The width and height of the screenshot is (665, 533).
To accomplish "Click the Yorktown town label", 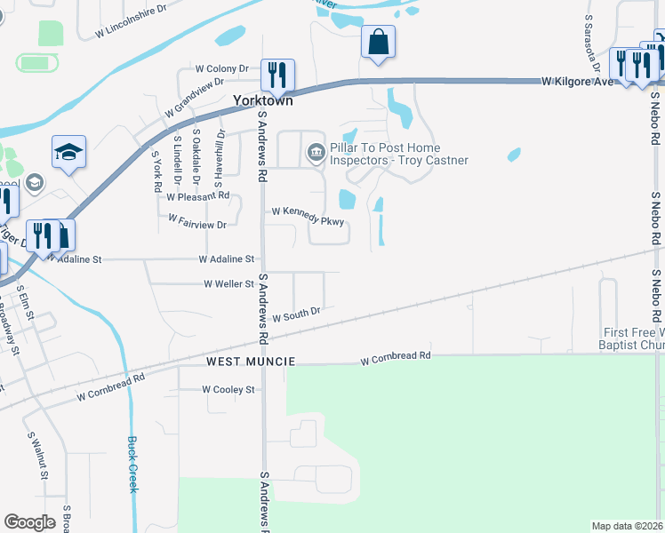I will [262, 101].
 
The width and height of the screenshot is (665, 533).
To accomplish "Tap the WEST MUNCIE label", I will [250, 362].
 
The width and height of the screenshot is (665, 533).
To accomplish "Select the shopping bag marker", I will [378, 42].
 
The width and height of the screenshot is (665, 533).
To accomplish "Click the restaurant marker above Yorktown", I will [277, 75].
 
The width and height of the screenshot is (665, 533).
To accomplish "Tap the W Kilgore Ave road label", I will [579, 82].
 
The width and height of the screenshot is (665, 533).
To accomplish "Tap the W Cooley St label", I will [228, 389].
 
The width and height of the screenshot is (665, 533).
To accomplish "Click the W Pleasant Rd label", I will [197, 195].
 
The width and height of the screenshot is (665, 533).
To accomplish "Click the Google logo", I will [29, 522].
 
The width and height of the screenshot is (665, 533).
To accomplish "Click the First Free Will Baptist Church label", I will [633, 338].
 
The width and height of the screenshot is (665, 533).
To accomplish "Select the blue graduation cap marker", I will [68, 152].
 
